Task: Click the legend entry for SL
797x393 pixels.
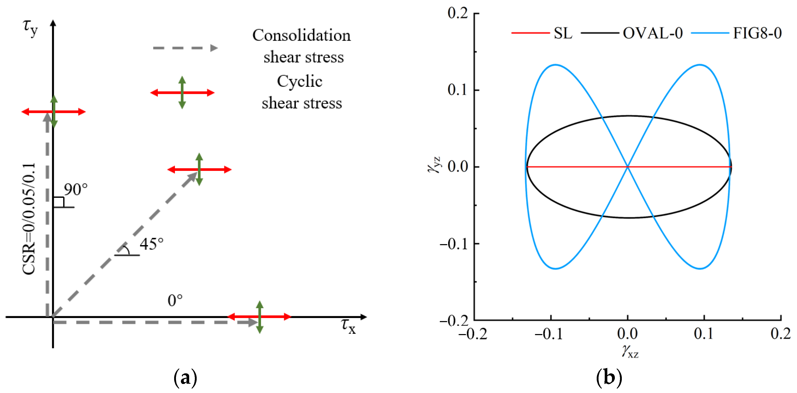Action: [563, 33]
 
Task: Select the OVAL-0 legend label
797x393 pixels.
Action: [652, 33]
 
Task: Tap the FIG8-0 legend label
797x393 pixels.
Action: [757, 33]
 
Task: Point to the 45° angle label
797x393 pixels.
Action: [151, 244]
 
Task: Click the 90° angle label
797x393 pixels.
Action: [76, 190]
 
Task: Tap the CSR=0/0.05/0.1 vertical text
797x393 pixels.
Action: [29, 219]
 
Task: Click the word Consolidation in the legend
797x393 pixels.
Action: [302, 35]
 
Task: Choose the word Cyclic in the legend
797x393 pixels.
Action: [299, 82]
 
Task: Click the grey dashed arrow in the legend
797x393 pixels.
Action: [185, 48]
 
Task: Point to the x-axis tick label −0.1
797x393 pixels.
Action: [549, 334]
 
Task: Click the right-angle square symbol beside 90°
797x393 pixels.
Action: [59, 202]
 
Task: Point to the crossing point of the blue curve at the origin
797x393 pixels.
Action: [628, 167]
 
